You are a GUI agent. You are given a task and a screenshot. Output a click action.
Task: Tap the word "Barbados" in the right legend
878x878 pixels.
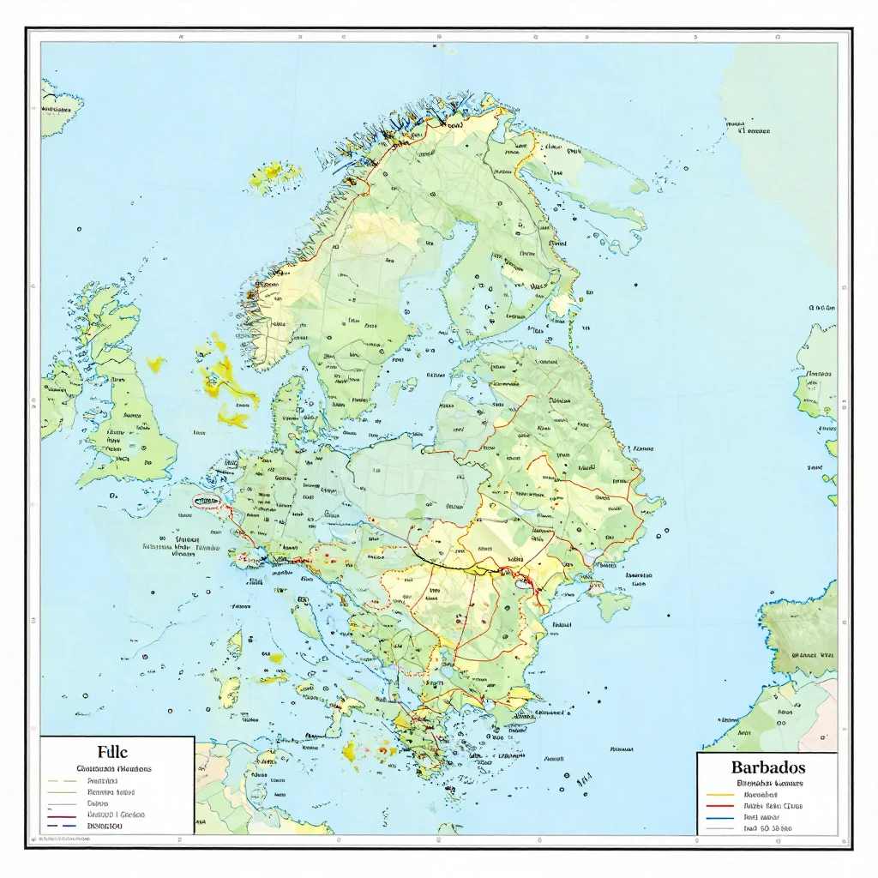(x=767, y=767)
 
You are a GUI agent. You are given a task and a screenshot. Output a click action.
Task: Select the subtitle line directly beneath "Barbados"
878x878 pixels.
(x=767, y=783)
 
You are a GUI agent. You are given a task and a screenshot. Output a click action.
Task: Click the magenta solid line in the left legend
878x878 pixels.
(x=63, y=815)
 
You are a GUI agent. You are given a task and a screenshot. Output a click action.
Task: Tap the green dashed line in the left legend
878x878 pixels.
(x=63, y=782)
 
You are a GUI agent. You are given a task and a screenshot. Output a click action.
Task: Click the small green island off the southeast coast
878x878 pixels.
(x=614, y=605)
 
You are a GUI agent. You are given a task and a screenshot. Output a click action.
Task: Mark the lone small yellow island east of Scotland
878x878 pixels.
(x=156, y=364)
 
